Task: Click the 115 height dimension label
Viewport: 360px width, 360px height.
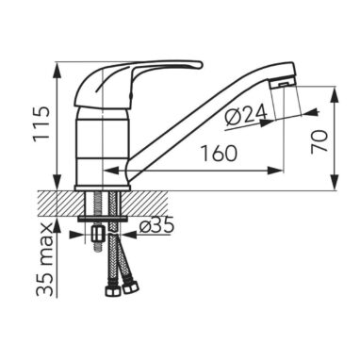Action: (x=42, y=124)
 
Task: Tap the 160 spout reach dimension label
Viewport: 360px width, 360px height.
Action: (x=219, y=154)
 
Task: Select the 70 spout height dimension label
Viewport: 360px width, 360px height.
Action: (x=319, y=142)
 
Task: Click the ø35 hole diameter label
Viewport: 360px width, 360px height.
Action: (x=156, y=225)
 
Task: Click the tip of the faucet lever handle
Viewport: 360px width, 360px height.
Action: (x=200, y=65)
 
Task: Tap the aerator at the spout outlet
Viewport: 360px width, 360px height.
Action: (x=283, y=84)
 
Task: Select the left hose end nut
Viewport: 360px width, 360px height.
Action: (x=113, y=290)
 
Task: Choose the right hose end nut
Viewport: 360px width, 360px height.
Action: (x=131, y=287)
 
